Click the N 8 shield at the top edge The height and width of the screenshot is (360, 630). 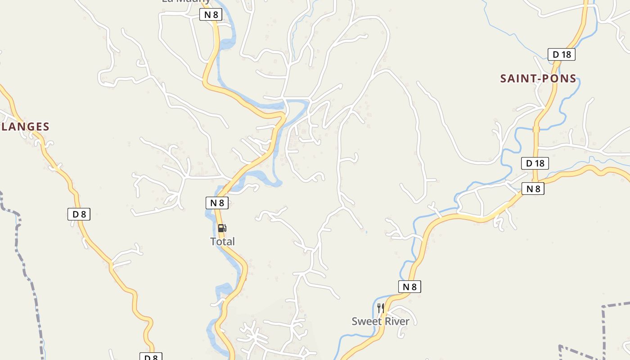pyautogui.click(x=211, y=14)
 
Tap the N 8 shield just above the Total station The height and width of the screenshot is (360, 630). pyautogui.click(x=217, y=203)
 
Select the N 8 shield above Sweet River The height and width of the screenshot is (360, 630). pyautogui.click(x=409, y=287)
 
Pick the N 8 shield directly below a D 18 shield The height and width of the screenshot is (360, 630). pyautogui.click(x=533, y=189)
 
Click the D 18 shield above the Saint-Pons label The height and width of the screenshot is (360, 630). pyautogui.click(x=562, y=54)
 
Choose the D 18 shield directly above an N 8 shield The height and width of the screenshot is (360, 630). pyautogui.click(x=535, y=163)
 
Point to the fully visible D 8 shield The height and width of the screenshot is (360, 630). pyautogui.click(x=79, y=214)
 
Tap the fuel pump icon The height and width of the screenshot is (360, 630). pyautogui.click(x=222, y=228)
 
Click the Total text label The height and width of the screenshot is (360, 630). pyautogui.click(x=223, y=242)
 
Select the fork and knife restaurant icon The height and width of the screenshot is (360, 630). pyautogui.click(x=381, y=308)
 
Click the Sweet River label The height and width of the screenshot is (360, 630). pyautogui.click(x=381, y=321)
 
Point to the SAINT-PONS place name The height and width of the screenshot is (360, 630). pyautogui.click(x=538, y=79)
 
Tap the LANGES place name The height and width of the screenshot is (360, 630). pyautogui.click(x=25, y=127)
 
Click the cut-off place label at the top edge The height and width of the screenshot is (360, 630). pyautogui.click(x=186, y=1)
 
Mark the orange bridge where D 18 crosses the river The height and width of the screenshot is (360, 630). pyautogui.click(x=536, y=129)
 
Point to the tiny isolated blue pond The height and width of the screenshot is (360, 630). pyautogui.click(x=366, y=232)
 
